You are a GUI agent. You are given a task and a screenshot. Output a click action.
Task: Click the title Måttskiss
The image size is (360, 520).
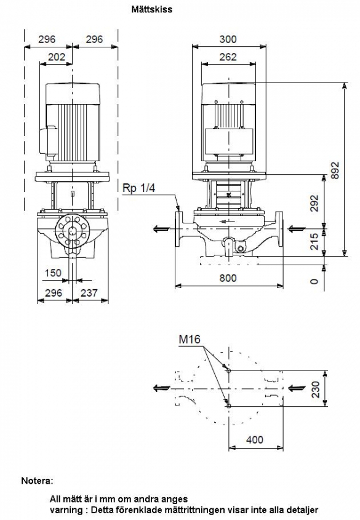pyautogui.click(x=152, y=9)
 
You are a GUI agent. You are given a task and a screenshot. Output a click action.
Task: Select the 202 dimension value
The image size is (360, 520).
pyautogui.click(x=57, y=57)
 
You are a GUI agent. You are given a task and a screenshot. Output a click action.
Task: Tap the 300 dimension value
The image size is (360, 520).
pyautogui.click(x=228, y=39)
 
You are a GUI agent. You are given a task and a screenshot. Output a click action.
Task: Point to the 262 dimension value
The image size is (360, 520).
pyautogui.click(x=228, y=57)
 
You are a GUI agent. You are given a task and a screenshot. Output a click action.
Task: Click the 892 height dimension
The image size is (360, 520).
pyautogui.click(x=335, y=170)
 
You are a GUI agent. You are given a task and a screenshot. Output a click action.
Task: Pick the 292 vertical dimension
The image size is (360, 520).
pyautogui.click(x=314, y=203)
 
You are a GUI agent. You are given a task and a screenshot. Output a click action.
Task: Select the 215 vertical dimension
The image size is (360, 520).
pyautogui.click(x=314, y=241)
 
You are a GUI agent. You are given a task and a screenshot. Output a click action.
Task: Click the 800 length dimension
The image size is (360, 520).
pyautogui.click(x=228, y=278)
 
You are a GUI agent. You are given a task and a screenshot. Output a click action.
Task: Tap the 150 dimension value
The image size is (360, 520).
pyautogui.click(x=53, y=273)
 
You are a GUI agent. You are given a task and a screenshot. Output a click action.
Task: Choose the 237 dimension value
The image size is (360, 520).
pyautogui.click(x=89, y=293)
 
